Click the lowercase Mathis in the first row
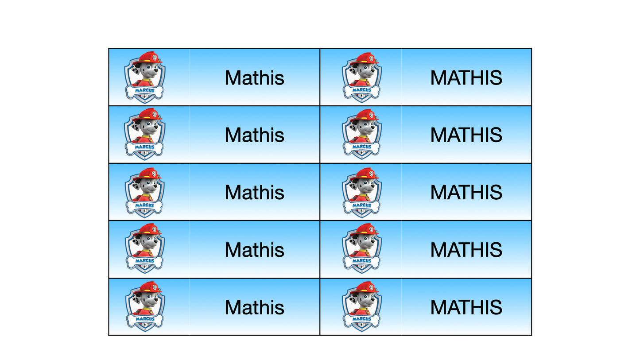click(x=254, y=78)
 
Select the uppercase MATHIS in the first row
click(x=466, y=78)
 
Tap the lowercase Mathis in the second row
click(x=254, y=135)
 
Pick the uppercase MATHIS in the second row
click(x=466, y=135)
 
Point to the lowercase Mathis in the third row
click(x=254, y=193)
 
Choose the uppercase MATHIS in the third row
click(x=466, y=193)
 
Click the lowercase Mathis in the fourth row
click(x=254, y=250)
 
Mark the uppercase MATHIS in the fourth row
click(x=466, y=250)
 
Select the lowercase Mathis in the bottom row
click(x=254, y=308)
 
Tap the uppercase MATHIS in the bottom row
click(x=466, y=308)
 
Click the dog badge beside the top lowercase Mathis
click(x=145, y=77)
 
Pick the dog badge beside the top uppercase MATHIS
click(x=362, y=77)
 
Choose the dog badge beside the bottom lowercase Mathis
click(x=145, y=307)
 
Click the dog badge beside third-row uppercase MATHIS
click(x=362, y=192)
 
